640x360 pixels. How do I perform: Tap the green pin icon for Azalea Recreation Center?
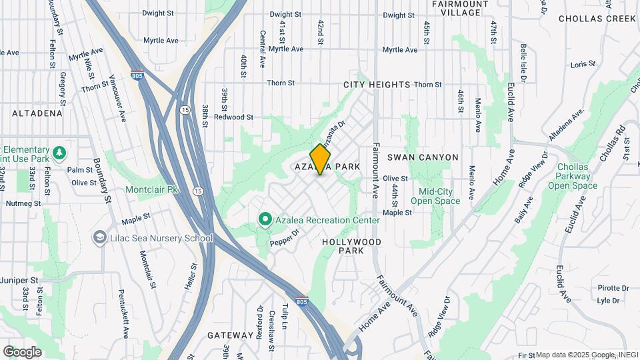(265, 219)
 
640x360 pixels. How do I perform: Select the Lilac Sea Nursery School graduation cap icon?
(100, 238)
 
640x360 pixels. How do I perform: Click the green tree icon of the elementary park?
(59, 153)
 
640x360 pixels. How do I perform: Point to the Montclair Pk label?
(152, 190)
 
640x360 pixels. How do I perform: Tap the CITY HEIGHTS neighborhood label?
(377, 85)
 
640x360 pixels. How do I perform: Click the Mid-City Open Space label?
(435, 196)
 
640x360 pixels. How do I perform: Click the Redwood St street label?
(233, 117)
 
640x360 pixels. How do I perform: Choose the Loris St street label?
(582, 65)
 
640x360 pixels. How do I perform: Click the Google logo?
(22, 352)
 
